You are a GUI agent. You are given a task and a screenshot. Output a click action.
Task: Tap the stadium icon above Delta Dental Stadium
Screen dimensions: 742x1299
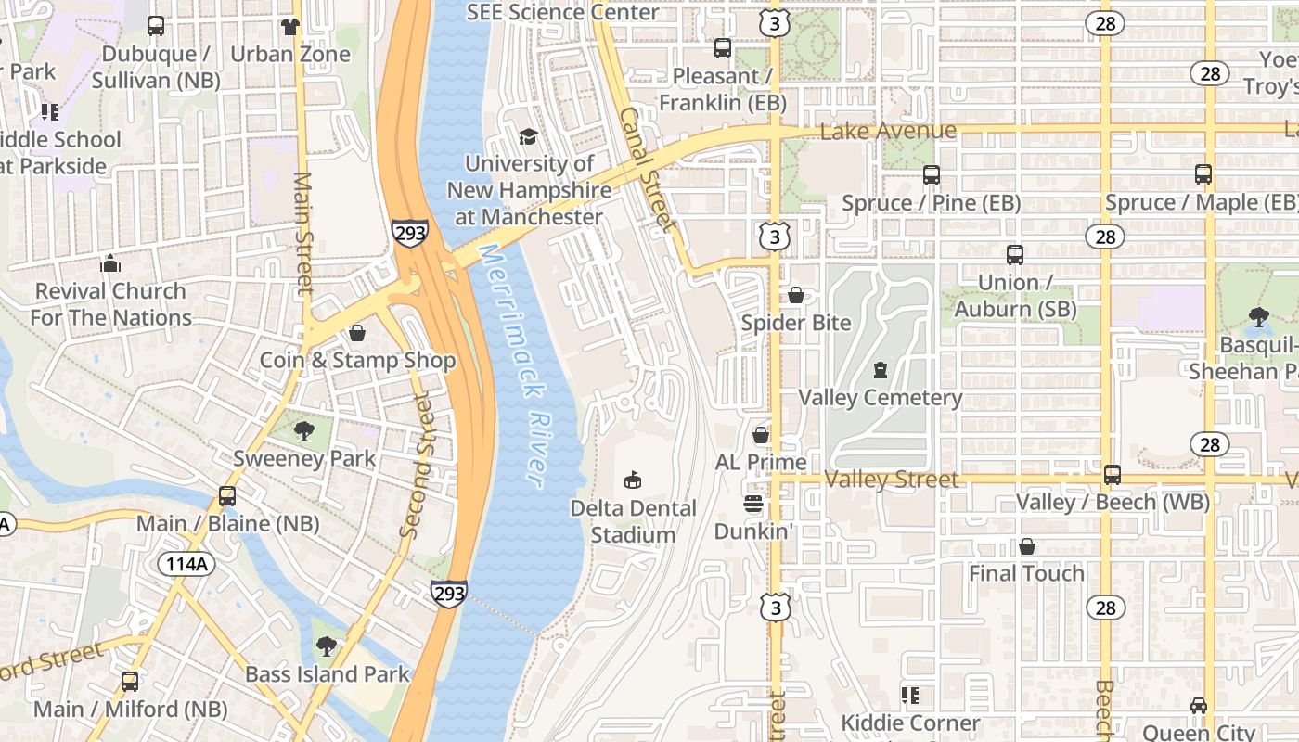(x=633, y=480)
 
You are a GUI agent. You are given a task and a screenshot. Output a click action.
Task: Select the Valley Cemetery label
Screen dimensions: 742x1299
(x=881, y=398)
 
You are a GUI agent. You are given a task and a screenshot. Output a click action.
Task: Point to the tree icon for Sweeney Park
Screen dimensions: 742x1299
(x=303, y=430)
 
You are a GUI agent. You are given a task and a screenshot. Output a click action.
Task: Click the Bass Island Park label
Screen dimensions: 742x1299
(x=327, y=674)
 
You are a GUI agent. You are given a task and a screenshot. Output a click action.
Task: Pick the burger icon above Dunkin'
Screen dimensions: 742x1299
(x=753, y=504)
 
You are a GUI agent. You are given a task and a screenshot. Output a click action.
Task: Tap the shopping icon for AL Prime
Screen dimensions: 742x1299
(x=761, y=434)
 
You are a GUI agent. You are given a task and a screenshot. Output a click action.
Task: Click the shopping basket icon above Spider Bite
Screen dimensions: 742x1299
(x=796, y=295)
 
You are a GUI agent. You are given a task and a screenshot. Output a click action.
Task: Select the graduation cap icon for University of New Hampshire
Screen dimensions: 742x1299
(x=528, y=137)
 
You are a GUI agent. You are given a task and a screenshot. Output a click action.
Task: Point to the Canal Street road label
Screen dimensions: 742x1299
(x=647, y=168)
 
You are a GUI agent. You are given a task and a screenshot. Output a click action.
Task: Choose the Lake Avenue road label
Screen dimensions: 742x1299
(x=888, y=131)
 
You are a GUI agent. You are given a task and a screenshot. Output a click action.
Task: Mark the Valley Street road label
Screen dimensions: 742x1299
(x=891, y=480)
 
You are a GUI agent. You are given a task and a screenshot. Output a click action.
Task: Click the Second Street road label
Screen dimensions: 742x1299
(x=417, y=466)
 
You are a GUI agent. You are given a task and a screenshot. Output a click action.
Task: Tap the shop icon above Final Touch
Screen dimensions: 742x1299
(x=1026, y=546)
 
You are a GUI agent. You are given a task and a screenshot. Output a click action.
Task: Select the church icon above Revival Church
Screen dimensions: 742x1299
(x=110, y=263)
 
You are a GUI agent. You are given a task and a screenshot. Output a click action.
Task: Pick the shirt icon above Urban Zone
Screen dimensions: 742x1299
(x=290, y=26)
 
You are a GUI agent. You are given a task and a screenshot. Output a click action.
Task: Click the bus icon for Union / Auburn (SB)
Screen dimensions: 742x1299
(x=1015, y=254)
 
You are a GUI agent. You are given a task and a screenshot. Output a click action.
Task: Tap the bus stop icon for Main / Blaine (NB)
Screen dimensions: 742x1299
(x=227, y=496)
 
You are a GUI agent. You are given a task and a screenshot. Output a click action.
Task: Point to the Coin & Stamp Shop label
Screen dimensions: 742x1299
(x=357, y=361)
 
